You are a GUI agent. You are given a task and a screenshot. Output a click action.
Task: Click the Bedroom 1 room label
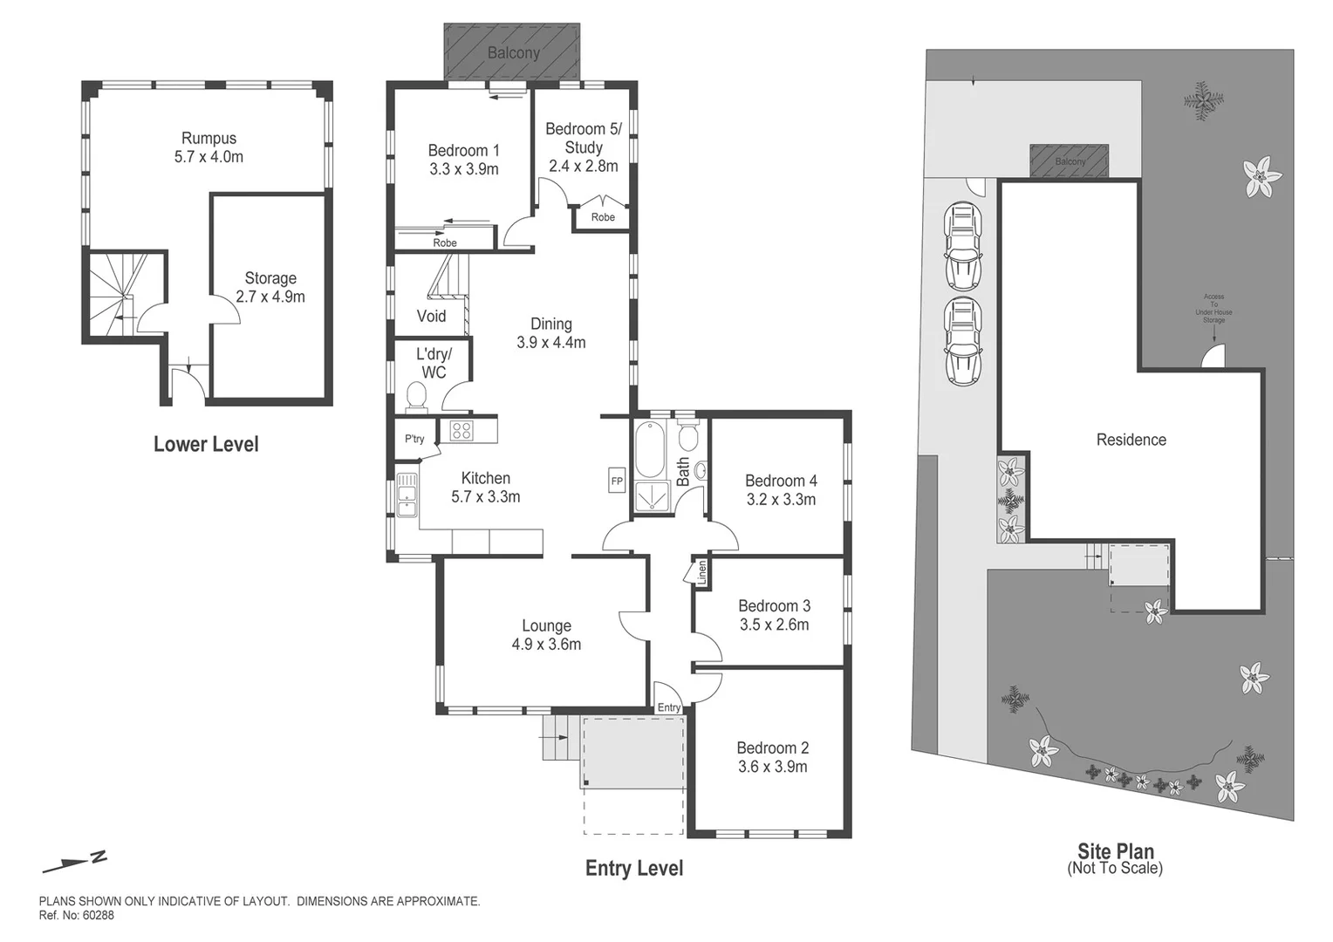coord(463,151)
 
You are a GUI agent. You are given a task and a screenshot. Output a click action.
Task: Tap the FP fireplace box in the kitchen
coord(617,481)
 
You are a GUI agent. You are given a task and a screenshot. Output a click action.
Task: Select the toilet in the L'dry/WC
coord(416,397)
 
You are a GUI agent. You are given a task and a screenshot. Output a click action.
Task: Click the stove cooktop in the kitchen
coord(461,430)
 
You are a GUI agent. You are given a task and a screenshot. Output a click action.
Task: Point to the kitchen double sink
coord(407,495)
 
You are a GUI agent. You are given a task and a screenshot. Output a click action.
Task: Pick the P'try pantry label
coord(414,439)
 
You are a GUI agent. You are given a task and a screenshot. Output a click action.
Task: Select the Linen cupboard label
coord(701,572)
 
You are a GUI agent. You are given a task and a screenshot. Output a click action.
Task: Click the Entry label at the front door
coord(669,707)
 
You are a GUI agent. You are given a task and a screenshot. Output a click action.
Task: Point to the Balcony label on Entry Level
coord(513,53)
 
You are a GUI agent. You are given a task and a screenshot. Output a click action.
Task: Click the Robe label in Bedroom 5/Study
coord(603,217)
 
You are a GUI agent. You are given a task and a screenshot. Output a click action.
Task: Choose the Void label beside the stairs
coord(431,316)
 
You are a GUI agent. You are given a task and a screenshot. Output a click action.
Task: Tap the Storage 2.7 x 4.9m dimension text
coord(270,297)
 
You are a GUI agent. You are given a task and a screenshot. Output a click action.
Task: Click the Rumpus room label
coord(208,138)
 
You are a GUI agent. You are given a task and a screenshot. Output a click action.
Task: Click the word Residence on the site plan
coord(1131,440)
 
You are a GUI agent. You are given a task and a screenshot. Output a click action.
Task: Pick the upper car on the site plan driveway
coord(963,247)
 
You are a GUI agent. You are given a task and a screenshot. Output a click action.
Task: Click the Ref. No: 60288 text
coord(77,916)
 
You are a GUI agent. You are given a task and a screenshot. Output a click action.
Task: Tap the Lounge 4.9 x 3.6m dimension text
coord(546,645)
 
